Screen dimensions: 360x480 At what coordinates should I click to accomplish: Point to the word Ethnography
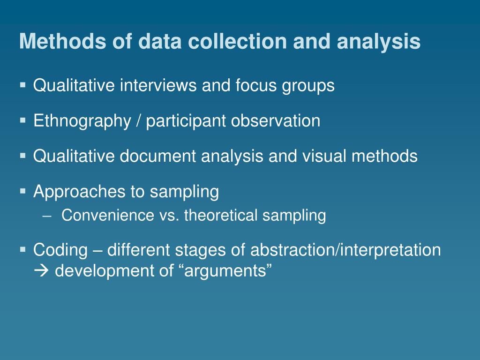click(x=82, y=121)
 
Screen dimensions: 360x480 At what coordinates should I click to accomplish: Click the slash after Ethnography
click(x=139, y=121)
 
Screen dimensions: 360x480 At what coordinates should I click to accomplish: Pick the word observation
click(x=276, y=121)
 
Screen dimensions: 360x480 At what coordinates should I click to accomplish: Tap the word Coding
click(x=60, y=250)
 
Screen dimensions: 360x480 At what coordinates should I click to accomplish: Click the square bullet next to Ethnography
click(x=23, y=120)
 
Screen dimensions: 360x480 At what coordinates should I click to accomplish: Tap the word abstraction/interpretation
click(x=345, y=250)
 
